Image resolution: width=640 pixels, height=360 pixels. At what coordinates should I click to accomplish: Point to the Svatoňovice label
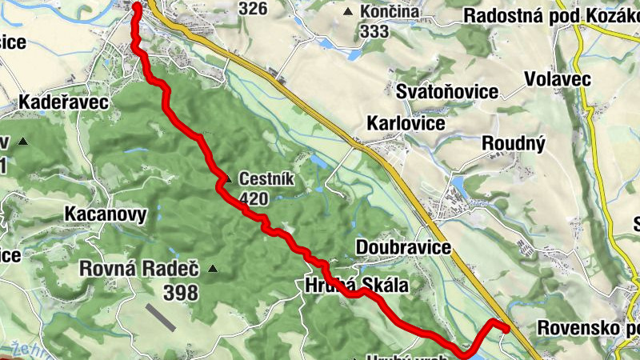[x=447, y=92]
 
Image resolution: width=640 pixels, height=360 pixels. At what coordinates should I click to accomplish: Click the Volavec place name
[x=558, y=78]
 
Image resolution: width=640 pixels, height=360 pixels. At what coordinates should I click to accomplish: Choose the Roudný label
[x=514, y=143]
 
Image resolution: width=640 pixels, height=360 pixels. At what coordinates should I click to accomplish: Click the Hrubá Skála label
[x=356, y=286]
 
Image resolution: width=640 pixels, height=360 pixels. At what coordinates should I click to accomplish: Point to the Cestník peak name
[x=265, y=179]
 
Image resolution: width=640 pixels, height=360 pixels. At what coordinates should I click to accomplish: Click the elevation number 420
[x=253, y=198]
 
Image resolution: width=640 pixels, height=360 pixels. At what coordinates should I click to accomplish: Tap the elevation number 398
[x=180, y=293]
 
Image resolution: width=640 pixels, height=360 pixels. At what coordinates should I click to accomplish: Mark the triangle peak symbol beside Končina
[x=347, y=13]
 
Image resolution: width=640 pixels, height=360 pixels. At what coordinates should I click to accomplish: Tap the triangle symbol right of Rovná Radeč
[x=212, y=269]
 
